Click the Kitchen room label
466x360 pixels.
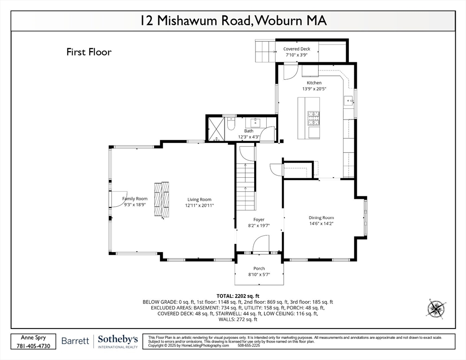tap(314, 82)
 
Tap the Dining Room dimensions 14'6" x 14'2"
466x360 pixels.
tap(321, 224)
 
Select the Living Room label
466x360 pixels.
tap(199, 199)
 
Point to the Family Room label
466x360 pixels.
tap(135, 199)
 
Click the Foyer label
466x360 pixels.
tap(259, 219)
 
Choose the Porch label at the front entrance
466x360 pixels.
tap(259, 269)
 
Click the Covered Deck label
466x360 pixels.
tap(296, 49)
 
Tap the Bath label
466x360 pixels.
tap(248, 131)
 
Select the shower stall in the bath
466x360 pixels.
tap(216, 128)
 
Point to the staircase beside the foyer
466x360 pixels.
tap(245, 186)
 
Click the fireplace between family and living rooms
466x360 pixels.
tap(162, 199)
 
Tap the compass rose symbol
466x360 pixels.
tap(436, 308)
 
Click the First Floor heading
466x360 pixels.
tap(89, 52)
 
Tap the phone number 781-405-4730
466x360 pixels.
tap(34, 345)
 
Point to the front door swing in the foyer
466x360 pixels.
tap(261, 244)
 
